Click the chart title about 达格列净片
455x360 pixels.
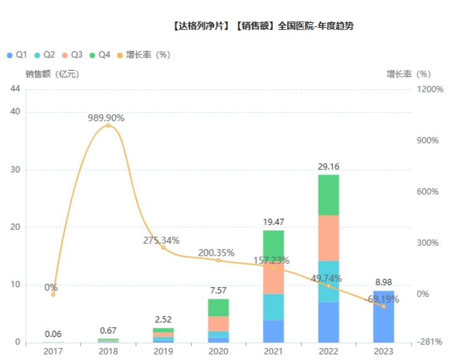[x=264, y=26]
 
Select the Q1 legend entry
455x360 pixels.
[x=17, y=55]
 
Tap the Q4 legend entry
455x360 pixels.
[x=100, y=55]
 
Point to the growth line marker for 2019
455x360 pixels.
[x=164, y=247]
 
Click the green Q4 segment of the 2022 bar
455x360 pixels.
[x=329, y=195]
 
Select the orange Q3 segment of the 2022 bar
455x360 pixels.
[x=329, y=237]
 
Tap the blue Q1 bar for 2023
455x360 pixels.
[x=383, y=316]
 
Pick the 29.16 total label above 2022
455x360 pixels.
[x=329, y=167]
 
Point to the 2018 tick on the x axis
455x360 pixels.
[x=108, y=351]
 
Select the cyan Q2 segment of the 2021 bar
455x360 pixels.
[x=273, y=307]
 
